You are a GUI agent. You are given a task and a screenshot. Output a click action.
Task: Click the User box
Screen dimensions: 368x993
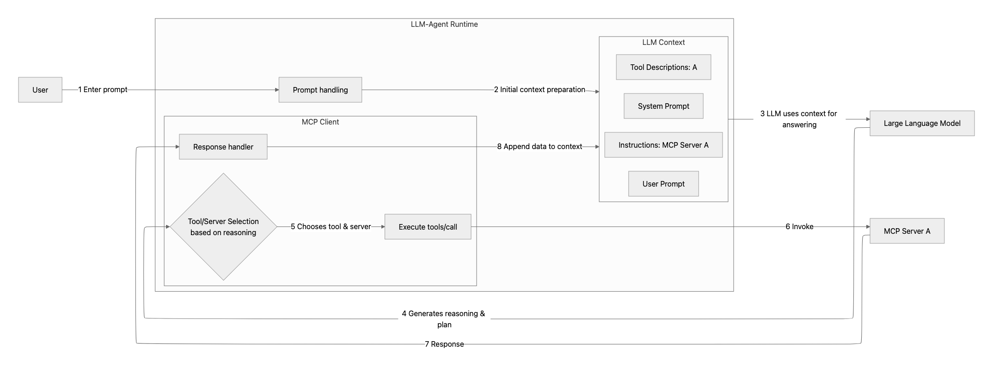pyautogui.click(x=40, y=90)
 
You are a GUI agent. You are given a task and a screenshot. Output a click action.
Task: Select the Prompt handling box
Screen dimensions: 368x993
pyautogui.click(x=320, y=90)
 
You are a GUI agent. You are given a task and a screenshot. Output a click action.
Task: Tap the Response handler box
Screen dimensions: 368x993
pyautogui.click(x=223, y=147)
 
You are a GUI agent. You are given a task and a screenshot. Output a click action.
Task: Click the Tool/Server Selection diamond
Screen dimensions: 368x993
pyautogui.click(x=223, y=227)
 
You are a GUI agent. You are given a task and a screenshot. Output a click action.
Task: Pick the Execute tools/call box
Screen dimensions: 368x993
pyautogui.click(x=428, y=227)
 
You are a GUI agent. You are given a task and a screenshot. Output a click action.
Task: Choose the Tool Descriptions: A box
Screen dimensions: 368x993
pyautogui.click(x=663, y=67)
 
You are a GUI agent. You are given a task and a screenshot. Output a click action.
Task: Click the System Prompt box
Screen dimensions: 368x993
pyautogui.click(x=663, y=106)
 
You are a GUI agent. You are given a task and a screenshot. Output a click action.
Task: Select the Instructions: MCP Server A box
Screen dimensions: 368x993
pyautogui.click(x=663, y=145)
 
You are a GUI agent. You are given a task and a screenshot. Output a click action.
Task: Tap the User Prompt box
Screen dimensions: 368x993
pyautogui.click(x=663, y=184)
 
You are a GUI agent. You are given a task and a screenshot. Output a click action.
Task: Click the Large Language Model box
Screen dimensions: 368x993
pyautogui.click(x=922, y=123)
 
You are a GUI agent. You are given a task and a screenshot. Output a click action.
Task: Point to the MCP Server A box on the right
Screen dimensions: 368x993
pyautogui.click(x=907, y=231)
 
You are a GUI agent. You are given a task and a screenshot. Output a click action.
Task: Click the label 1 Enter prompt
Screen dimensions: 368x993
pyautogui.click(x=103, y=89)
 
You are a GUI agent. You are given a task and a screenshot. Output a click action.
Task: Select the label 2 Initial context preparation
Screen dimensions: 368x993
pyautogui.click(x=539, y=89)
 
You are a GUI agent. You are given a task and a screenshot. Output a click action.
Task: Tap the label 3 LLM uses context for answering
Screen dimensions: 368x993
pyautogui.click(x=799, y=119)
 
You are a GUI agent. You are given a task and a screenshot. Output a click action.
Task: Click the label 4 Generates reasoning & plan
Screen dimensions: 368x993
pyautogui.click(x=444, y=319)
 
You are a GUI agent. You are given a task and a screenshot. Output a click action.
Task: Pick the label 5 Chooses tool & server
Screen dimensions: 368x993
pyautogui.click(x=331, y=226)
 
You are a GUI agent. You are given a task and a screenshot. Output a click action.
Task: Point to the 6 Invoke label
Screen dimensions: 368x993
pyautogui.click(x=799, y=226)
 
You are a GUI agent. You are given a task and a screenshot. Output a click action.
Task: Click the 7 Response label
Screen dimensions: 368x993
pyautogui.click(x=444, y=344)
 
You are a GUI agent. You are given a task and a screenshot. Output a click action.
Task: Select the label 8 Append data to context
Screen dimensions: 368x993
pyautogui.click(x=539, y=146)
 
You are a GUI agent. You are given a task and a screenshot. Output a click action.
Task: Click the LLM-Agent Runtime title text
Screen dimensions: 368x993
pyautogui.click(x=444, y=24)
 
